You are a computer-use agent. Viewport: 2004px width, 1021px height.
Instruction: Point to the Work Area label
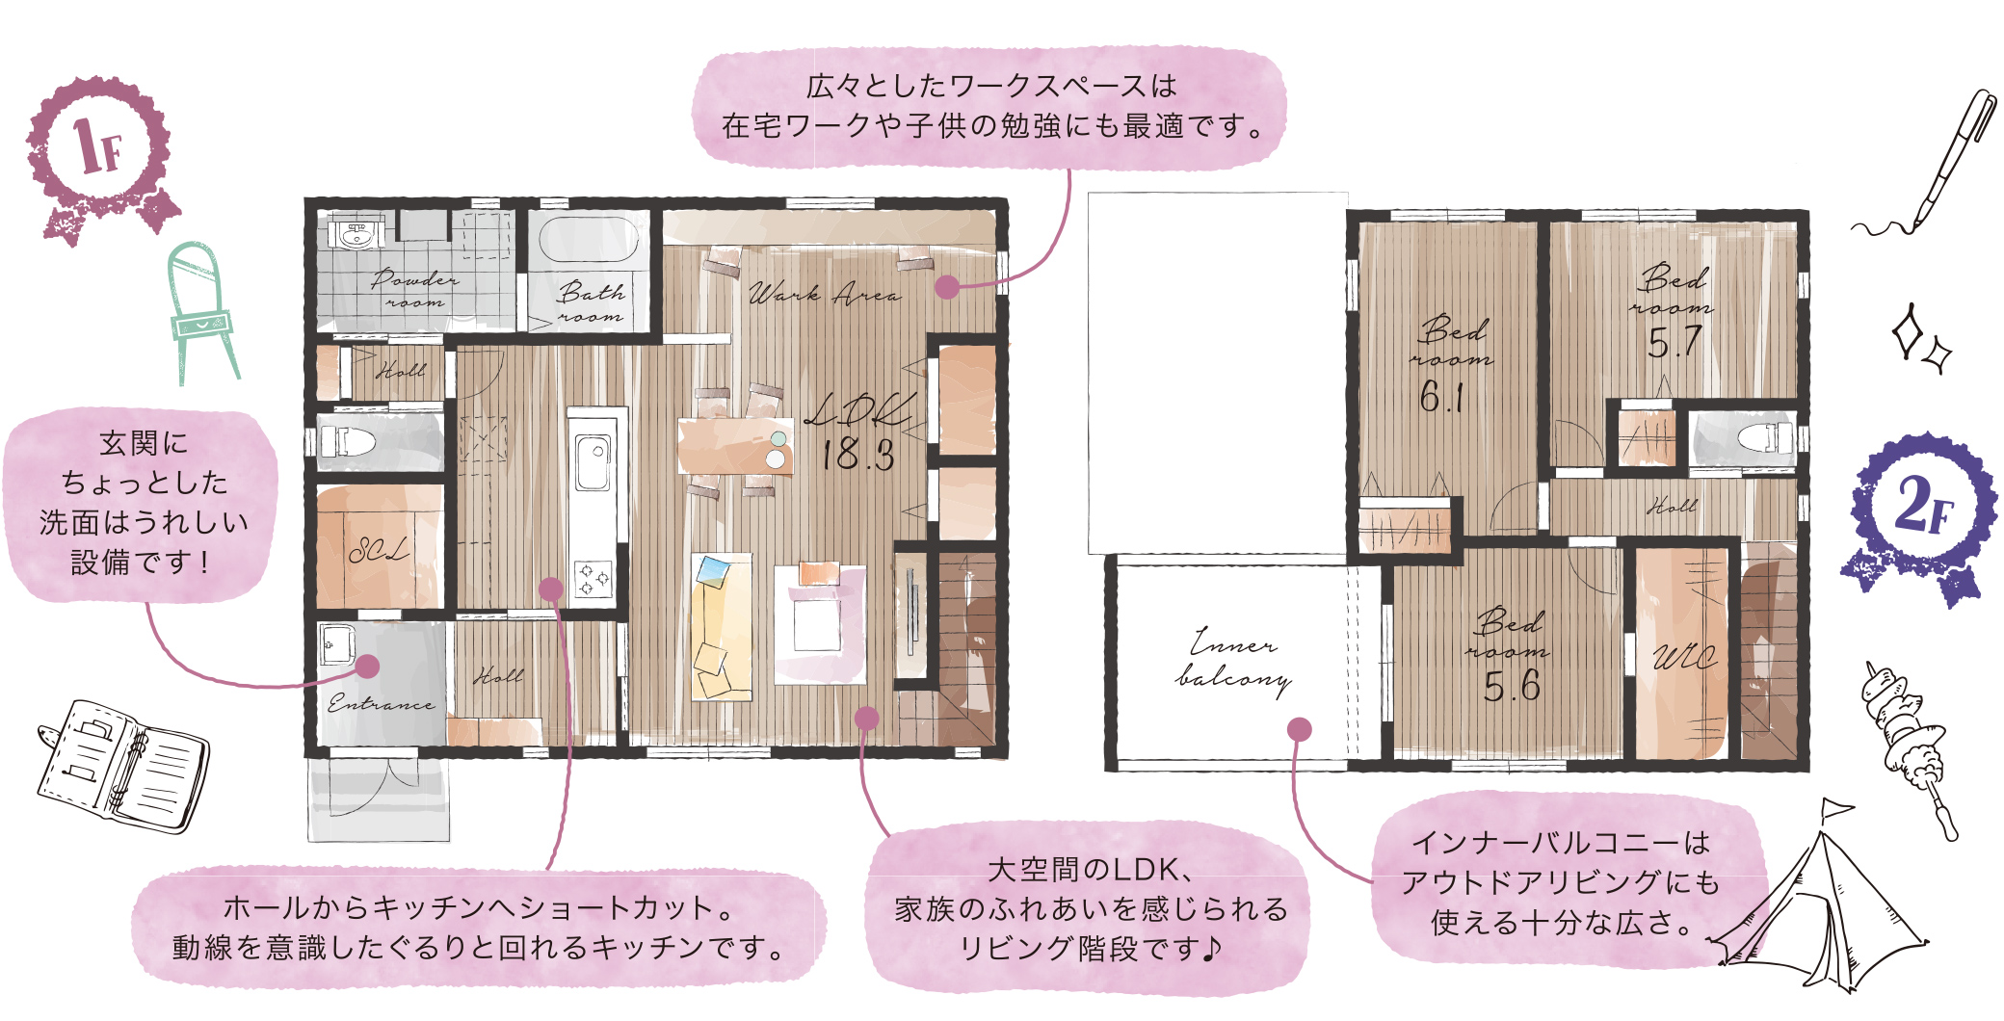[825, 294]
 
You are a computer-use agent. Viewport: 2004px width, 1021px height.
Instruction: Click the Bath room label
[590, 302]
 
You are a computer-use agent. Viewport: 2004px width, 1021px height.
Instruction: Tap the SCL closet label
[379, 551]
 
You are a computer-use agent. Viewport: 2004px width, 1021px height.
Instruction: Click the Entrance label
[381, 703]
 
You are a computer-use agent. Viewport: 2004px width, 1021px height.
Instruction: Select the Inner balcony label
[1233, 661]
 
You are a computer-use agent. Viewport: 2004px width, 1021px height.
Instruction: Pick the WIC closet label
[1684, 658]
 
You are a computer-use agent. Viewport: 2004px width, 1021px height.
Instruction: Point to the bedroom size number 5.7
[1674, 342]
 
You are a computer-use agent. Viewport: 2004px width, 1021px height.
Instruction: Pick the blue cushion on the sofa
[713, 571]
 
